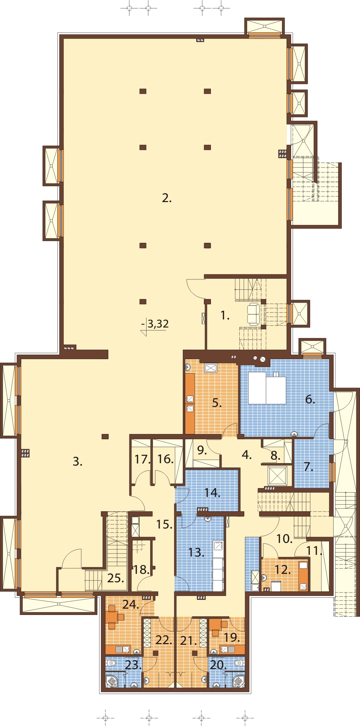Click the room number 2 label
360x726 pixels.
point(167,198)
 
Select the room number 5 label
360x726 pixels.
point(217,403)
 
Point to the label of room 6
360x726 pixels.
point(310,399)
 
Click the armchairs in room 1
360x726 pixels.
point(253,314)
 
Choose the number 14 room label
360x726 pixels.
point(212,493)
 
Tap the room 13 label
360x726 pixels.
point(196,552)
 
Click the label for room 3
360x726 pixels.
point(77,461)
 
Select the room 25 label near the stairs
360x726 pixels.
point(115,578)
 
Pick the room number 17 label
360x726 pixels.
point(142,459)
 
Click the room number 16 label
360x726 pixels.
point(165,459)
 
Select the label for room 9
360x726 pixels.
point(202,450)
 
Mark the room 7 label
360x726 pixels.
point(308,467)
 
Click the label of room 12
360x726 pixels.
point(283,570)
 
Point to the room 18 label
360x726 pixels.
point(142,570)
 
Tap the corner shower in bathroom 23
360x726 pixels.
point(112,681)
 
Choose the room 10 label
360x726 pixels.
point(284,539)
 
